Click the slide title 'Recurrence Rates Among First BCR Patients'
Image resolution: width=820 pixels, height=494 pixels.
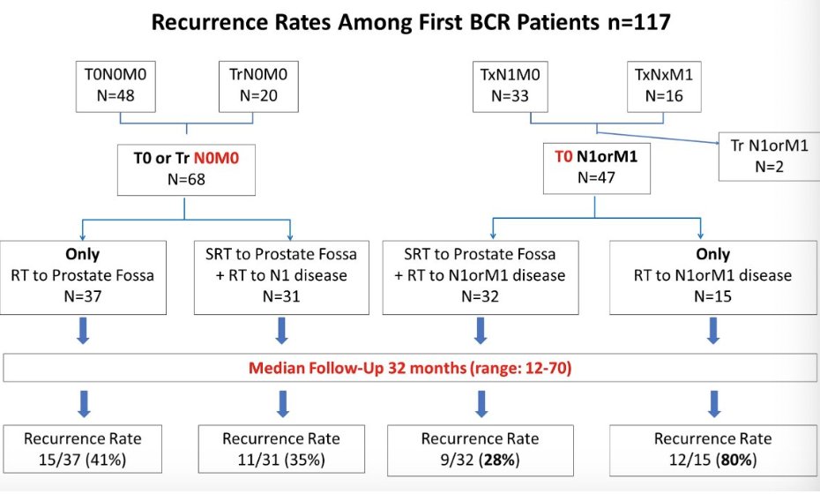point(411,22)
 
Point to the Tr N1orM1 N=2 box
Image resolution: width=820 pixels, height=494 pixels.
point(769,155)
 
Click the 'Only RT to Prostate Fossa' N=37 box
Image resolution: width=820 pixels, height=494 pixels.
point(85,275)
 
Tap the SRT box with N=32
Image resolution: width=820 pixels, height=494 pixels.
point(481,275)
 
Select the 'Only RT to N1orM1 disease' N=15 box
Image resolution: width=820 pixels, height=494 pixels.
point(712,275)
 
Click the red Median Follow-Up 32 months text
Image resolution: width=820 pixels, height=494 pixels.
point(410,367)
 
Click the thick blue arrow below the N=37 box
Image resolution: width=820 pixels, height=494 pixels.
point(83,330)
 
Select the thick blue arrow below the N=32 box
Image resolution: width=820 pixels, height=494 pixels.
point(481,330)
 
